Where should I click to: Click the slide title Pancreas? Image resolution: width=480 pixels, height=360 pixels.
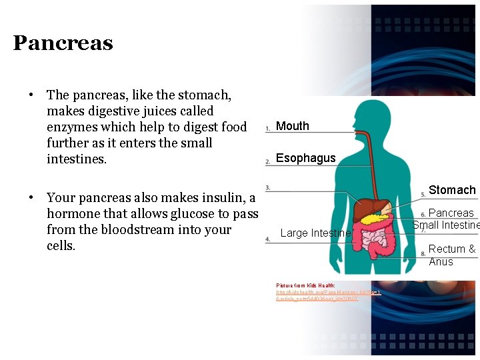63,43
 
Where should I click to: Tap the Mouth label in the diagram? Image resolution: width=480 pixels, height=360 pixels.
293,126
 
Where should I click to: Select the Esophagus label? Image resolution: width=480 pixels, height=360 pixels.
306,158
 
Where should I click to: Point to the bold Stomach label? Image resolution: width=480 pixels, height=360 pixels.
452,190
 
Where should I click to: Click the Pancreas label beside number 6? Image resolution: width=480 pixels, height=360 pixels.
451,213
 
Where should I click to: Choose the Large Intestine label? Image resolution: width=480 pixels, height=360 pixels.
315,233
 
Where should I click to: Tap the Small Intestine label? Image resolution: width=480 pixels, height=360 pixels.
446,225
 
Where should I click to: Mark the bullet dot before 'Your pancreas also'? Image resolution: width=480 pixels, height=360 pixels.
31,197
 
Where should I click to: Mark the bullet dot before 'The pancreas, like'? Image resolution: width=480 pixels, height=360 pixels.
31,95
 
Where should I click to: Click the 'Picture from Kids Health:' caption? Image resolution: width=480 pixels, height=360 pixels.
306,285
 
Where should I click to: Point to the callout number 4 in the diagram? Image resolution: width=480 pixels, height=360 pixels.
267,239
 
